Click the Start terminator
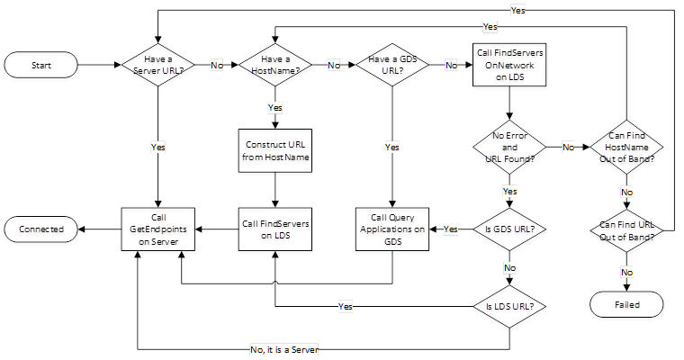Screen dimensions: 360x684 pyautogui.click(x=40, y=65)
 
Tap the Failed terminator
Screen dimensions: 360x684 pyautogui.click(x=628, y=305)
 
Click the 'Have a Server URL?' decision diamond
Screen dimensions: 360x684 pyautogui.click(x=158, y=65)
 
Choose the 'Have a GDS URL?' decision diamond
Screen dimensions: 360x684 pyautogui.click(x=392, y=65)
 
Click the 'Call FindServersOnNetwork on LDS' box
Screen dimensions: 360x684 pyautogui.click(x=509, y=65)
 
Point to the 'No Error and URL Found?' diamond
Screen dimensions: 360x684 pyautogui.click(x=510, y=146)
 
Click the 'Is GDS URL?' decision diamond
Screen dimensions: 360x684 pyautogui.click(x=510, y=229)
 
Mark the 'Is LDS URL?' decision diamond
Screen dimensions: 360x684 pyautogui.click(x=510, y=306)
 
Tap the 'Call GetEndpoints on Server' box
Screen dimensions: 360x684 pyautogui.click(x=158, y=229)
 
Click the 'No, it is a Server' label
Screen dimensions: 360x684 pyautogui.click(x=284, y=349)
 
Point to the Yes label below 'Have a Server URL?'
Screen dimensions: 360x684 pyautogui.click(x=158, y=146)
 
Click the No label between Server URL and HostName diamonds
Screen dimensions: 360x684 pyautogui.click(x=217, y=65)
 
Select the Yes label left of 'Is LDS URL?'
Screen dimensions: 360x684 pyautogui.click(x=345, y=306)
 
